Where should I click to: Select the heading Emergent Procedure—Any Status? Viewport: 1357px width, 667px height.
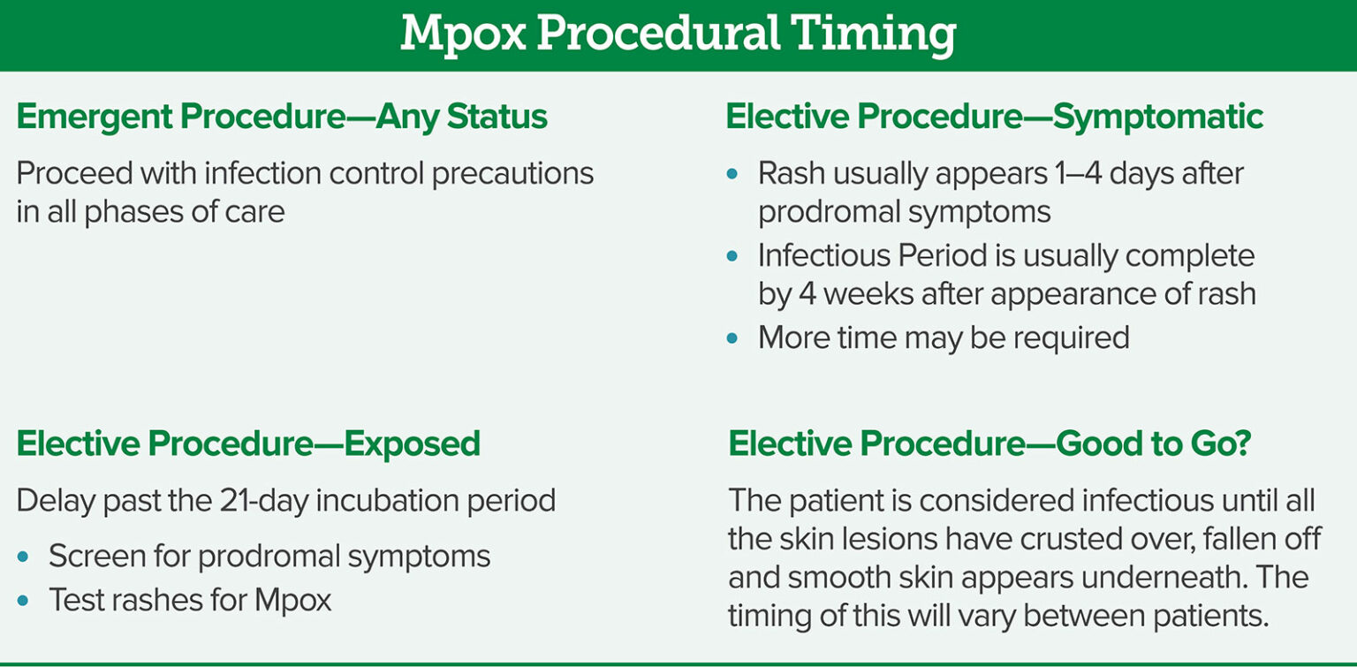point(282,117)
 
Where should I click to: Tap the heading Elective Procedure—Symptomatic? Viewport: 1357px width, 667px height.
point(994,117)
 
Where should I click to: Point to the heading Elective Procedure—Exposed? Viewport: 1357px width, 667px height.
point(248,443)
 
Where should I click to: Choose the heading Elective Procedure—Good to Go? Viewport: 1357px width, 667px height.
point(989,443)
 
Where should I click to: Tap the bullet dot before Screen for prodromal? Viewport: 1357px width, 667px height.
point(23,557)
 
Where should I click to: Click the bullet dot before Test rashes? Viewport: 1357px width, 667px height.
point(23,601)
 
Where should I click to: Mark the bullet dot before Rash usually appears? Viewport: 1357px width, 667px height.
point(732,174)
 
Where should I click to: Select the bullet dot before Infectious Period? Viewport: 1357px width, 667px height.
point(732,256)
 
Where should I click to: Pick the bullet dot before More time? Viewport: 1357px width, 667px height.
point(732,337)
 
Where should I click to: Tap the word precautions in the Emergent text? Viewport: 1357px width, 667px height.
point(512,173)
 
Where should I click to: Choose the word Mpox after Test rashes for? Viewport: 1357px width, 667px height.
point(292,601)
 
